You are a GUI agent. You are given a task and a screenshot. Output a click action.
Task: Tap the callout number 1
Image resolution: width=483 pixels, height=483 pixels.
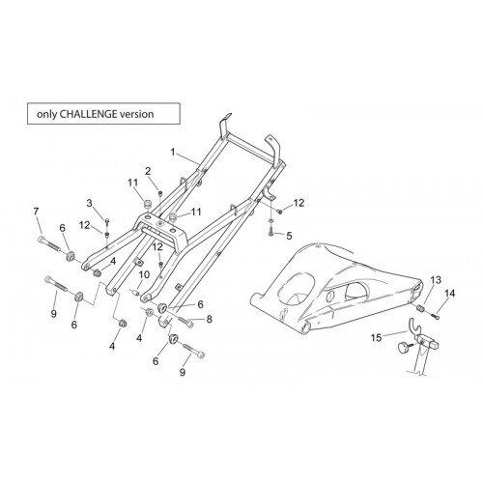[173, 152]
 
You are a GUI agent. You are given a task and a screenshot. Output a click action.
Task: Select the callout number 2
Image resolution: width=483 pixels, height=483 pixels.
[148, 171]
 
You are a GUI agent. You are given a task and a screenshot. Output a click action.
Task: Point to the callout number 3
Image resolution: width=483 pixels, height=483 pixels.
[89, 204]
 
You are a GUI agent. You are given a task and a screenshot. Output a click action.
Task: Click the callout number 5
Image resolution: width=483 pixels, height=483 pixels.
[289, 236]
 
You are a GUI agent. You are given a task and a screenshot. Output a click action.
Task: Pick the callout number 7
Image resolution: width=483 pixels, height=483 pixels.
[36, 212]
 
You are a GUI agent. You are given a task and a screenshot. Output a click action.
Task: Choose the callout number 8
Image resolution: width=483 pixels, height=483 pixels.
[210, 319]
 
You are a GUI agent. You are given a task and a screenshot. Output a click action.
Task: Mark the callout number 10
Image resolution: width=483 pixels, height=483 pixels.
[144, 274]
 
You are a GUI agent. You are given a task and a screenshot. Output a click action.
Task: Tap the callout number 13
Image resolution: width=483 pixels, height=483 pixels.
[436, 280]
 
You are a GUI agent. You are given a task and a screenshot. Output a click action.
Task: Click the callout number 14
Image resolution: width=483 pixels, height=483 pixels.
[450, 294]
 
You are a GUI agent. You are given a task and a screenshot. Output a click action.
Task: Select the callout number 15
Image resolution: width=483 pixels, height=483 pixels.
[376, 338]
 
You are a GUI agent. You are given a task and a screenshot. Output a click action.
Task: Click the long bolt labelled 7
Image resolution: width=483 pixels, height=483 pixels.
[49, 244]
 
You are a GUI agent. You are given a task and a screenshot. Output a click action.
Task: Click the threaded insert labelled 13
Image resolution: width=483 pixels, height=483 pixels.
[420, 308]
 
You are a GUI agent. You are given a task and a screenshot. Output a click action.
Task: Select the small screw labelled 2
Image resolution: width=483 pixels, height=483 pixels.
[160, 193]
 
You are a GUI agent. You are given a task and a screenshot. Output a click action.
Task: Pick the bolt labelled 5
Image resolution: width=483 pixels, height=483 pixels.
[270, 231]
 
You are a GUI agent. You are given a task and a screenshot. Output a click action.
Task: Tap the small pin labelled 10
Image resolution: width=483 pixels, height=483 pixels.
[135, 293]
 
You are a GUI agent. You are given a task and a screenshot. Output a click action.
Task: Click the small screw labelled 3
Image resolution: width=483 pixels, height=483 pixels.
[107, 221]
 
